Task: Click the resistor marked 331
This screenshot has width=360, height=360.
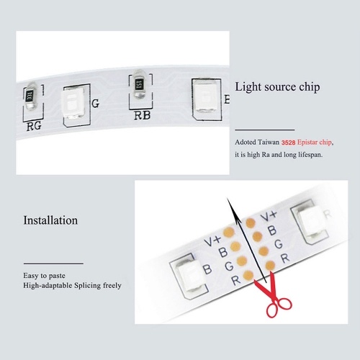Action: (x=31, y=96)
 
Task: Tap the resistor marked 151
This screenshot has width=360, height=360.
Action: (x=139, y=84)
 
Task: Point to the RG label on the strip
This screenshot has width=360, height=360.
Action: (x=34, y=126)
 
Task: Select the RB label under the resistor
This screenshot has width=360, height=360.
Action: (x=142, y=115)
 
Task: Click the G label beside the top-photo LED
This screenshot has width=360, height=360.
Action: (x=96, y=104)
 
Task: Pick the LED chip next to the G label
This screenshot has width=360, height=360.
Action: (x=73, y=104)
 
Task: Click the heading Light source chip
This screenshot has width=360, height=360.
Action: (x=277, y=87)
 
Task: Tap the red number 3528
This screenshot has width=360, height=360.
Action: (x=288, y=143)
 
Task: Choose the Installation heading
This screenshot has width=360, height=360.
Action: (x=50, y=220)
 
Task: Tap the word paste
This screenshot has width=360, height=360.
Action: (x=56, y=276)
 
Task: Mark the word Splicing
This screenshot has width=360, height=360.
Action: (x=87, y=286)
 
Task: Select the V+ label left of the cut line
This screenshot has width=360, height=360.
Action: (x=212, y=240)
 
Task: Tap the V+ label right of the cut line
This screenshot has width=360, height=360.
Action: (x=269, y=216)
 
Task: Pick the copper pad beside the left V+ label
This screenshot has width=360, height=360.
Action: (x=229, y=232)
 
